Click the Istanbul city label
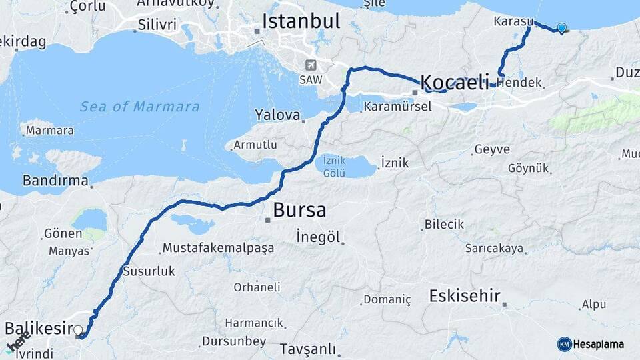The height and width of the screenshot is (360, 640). coord(301,21)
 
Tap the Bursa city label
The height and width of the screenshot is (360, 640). coord(299,211)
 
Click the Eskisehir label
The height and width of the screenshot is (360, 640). coord(465,295)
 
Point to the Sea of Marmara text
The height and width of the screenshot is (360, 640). coord(139,107)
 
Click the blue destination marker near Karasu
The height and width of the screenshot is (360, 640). coord(561,28)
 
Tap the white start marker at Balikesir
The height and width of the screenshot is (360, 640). coord(79,330)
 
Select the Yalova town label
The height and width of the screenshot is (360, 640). coord(278,115)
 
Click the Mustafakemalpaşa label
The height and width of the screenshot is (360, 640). coord(217,249)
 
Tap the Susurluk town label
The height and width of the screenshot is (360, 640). coord(149,271)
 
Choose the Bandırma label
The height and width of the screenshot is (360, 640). coord(55,181)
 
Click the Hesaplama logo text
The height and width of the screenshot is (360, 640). coord(599,344)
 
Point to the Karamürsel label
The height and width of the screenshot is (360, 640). coord(398,107)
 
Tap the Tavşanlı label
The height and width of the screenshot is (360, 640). coord(307,349)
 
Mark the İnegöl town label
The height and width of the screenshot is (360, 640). coord(318,237)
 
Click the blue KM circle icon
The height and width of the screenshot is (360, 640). coord(564,344)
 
